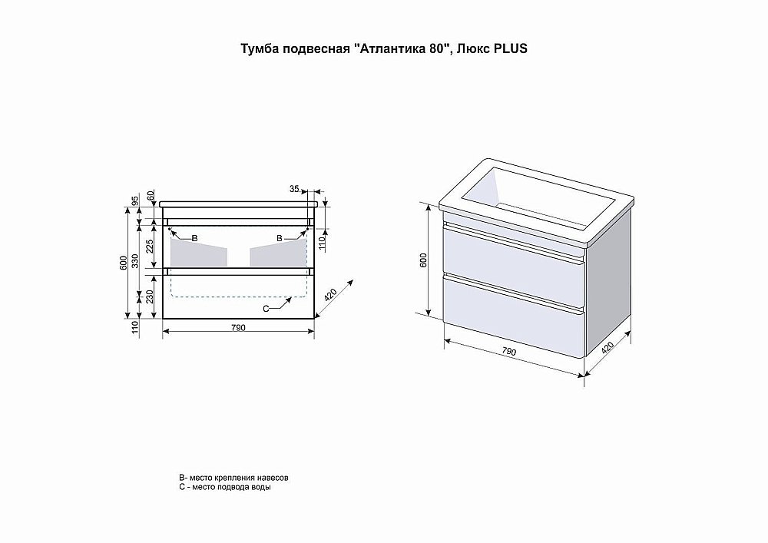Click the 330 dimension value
tap(135, 261)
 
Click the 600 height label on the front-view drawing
tap(123, 263)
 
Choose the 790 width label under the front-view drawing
tap(238, 328)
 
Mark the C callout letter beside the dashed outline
tap(265, 308)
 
